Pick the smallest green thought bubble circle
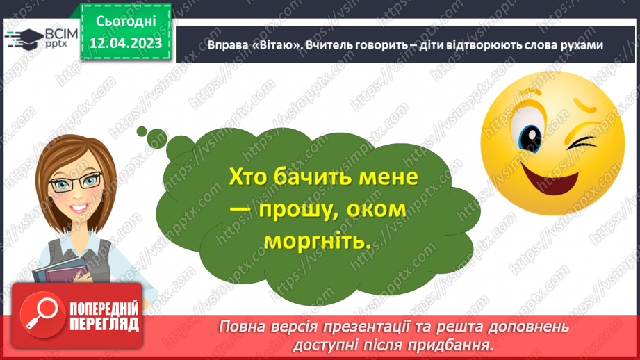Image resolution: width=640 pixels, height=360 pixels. point(142,130)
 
